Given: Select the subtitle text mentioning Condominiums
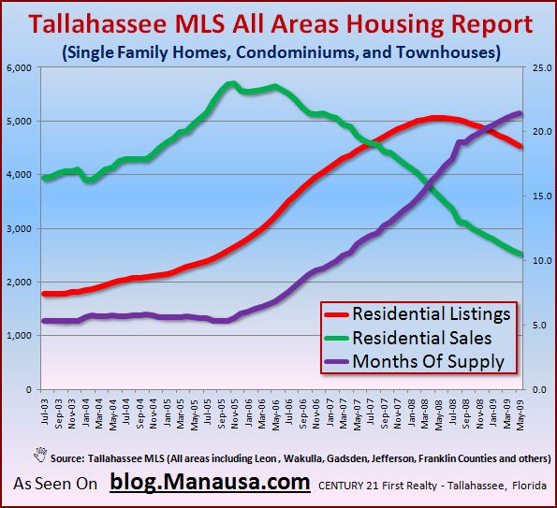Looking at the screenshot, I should (278, 51).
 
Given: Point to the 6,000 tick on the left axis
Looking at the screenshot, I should (21, 67).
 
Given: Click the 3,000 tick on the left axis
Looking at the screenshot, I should (21, 228).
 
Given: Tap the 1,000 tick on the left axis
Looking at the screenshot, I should (21, 336).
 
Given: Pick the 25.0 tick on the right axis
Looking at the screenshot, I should (538, 67).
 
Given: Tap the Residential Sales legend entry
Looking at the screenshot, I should (418, 338).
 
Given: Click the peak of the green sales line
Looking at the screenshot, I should (230, 84).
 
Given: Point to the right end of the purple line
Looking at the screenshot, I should (520, 113).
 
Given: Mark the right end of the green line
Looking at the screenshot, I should (520, 254).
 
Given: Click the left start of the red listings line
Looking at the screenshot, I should (45, 294).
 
